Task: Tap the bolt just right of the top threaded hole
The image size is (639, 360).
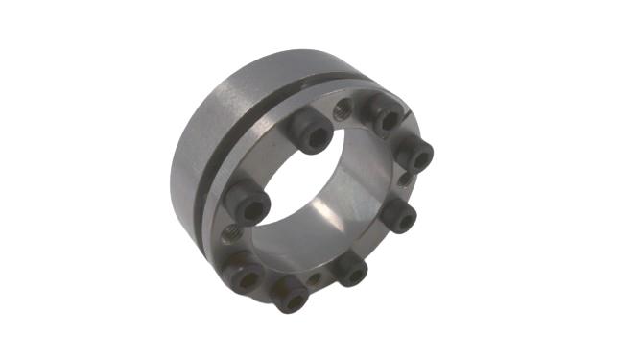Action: pyautogui.click(x=388, y=117)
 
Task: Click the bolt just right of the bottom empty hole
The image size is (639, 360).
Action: pyautogui.click(x=350, y=273)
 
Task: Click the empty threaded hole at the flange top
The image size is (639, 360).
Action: pyautogui.click(x=342, y=109)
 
